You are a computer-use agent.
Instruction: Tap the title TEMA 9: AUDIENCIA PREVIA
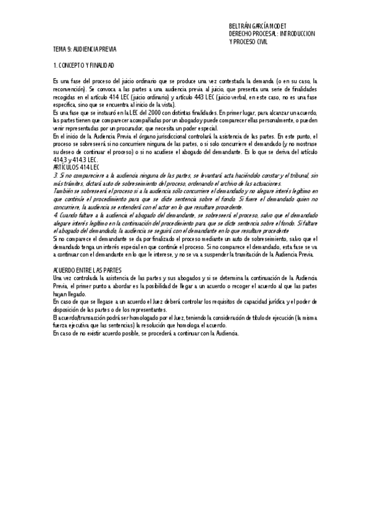pyautogui.click(x=85, y=49)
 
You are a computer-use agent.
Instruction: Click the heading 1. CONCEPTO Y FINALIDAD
pyautogui.click(x=84, y=65)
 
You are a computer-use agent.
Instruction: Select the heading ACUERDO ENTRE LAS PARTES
pyautogui.click(x=87, y=270)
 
